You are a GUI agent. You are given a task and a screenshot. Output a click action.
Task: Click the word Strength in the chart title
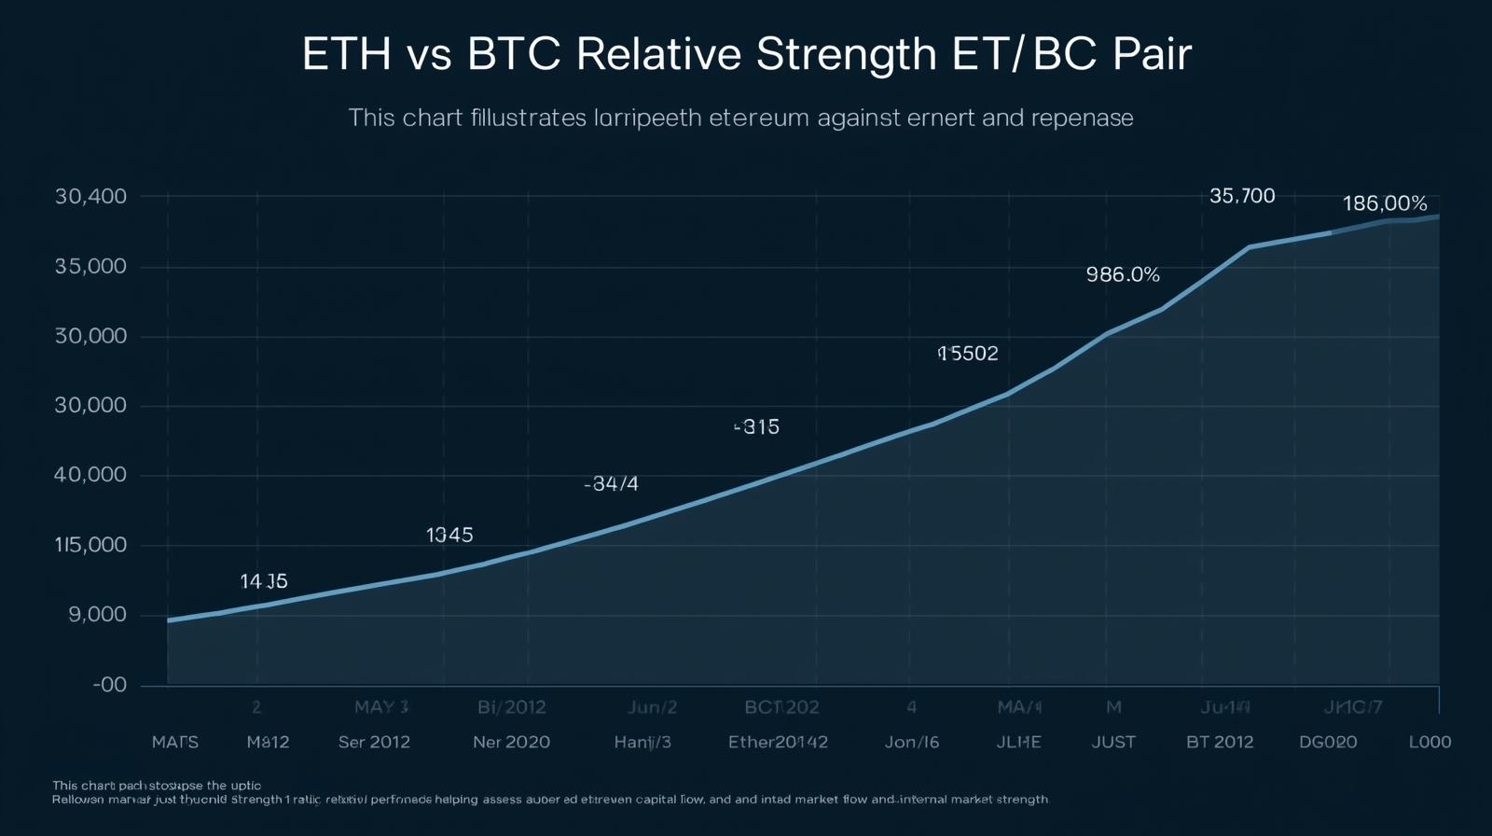tap(846, 55)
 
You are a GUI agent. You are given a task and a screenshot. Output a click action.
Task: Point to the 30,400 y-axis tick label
tap(90, 197)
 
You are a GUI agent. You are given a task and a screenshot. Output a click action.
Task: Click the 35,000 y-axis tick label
tap(90, 267)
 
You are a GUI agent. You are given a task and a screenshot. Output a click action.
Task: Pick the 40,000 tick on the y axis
tap(90, 475)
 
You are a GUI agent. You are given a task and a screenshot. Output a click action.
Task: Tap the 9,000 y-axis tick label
tap(97, 615)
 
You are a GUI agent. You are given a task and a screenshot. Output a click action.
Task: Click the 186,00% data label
tap(1384, 203)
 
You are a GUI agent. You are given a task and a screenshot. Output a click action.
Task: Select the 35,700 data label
tap(1242, 196)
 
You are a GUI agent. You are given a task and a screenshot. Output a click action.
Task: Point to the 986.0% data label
tap(1123, 274)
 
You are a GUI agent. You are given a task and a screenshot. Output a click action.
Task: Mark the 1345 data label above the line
tap(449, 535)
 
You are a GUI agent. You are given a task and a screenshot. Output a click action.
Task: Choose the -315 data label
tap(756, 427)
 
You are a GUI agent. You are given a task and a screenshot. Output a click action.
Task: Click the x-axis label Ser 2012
tap(374, 743)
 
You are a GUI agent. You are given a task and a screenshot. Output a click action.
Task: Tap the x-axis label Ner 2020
tap(511, 743)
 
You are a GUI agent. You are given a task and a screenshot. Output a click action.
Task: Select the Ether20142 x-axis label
tap(778, 743)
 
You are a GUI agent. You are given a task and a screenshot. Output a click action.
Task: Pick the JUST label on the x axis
tap(1113, 743)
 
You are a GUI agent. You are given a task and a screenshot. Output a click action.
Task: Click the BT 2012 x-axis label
tap(1220, 743)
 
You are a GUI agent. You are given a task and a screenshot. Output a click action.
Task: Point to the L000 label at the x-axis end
tap(1430, 743)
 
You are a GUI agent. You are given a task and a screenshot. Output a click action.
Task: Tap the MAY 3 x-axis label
tap(381, 707)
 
